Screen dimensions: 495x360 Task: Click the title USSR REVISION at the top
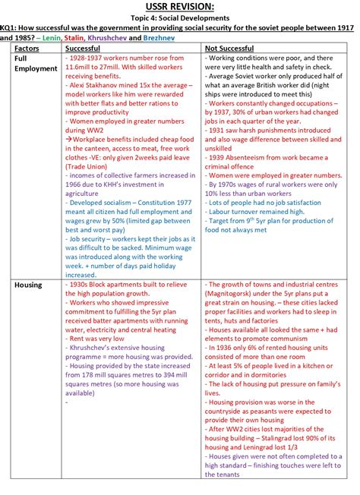[179, 7]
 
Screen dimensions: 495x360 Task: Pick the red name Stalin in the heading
[74, 36]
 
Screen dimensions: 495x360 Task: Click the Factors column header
[27, 48]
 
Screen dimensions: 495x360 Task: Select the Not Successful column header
[229, 48]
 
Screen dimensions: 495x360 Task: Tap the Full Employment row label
[35, 63]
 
